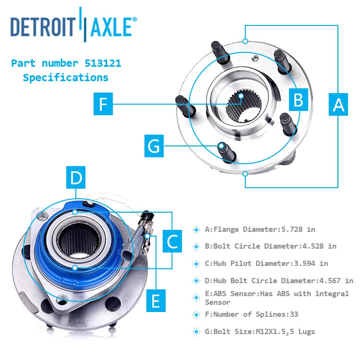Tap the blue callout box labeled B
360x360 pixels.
click(298, 100)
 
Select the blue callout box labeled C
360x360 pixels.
click(172, 241)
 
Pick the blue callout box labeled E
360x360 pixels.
click(156, 300)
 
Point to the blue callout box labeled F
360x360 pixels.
click(103, 104)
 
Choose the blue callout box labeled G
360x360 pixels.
click(154, 146)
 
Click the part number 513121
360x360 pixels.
click(102, 63)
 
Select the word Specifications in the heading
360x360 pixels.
click(66, 77)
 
